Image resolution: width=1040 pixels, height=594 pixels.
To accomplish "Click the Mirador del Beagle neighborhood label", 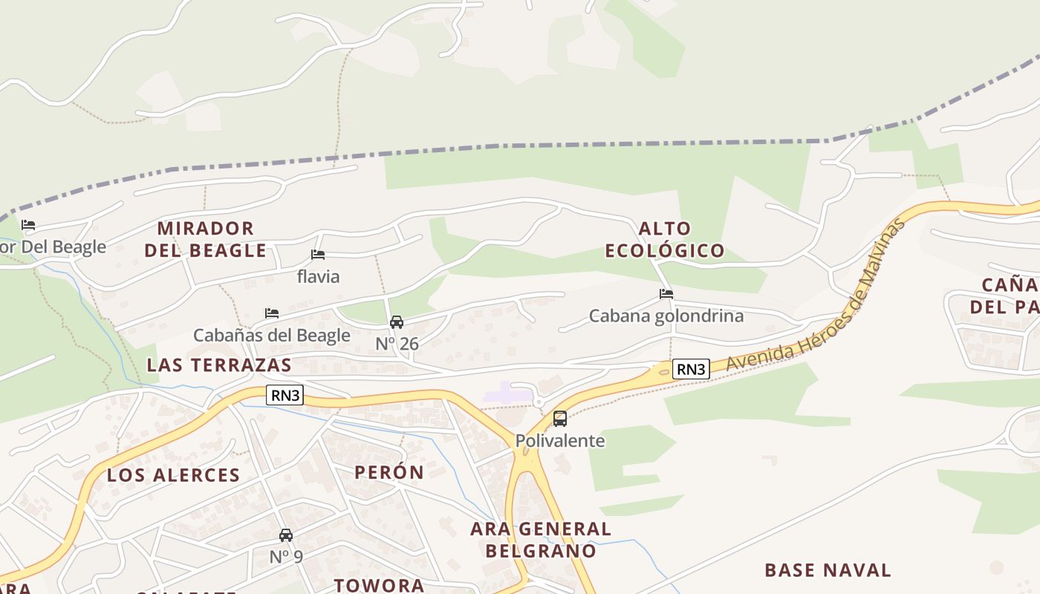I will [x=205, y=239].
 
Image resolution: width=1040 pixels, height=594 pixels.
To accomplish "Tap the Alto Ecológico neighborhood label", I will [x=664, y=239].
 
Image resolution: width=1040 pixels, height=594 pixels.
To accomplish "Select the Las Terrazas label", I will [x=219, y=365].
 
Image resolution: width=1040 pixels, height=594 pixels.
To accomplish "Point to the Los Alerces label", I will [x=173, y=475].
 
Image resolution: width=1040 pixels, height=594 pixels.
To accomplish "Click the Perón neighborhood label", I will [x=389, y=472].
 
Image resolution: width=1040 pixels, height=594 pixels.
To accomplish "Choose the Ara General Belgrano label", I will [x=541, y=540].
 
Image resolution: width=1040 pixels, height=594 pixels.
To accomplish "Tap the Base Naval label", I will [x=828, y=570].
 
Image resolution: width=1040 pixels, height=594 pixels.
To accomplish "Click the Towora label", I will [x=379, y=585].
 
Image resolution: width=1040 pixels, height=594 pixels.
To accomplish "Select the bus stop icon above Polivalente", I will [x=560, y=419].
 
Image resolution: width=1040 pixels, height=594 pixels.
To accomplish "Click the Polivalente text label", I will [x=560, y=440].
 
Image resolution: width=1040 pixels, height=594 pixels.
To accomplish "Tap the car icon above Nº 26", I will [x=397, y=322].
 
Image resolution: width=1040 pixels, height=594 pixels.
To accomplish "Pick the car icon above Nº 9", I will [x=285, y=535].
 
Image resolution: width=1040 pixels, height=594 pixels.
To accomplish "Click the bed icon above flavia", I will [x=318, y=255].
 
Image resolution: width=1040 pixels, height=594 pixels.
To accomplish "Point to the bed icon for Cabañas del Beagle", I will [x=272, y=313].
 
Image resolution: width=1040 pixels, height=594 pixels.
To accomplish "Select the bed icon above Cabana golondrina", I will [x=666, y=294].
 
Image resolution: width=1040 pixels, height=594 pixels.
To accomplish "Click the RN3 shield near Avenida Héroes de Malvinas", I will [x=691, y=368].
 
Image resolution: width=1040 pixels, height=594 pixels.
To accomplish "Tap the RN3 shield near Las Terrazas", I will [x=285, y=395].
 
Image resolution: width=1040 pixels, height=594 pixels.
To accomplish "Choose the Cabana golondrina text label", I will [x=666, y=316].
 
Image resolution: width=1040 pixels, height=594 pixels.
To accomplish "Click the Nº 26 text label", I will [x=397, y=344].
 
